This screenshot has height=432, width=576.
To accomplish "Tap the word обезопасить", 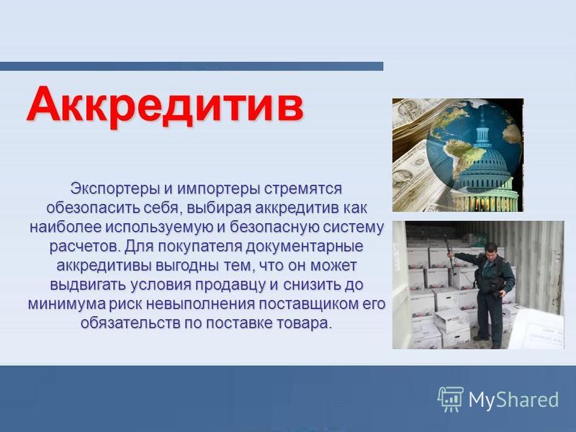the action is point(92,208).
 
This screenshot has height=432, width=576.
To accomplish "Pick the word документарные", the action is point(304,246).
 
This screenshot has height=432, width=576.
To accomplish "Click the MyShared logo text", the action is point(513,399).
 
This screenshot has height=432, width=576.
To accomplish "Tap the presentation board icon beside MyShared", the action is point(451,399).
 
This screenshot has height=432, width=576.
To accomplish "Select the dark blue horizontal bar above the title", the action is point(192,66).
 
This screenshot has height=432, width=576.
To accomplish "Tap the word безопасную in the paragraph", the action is point(274,227).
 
